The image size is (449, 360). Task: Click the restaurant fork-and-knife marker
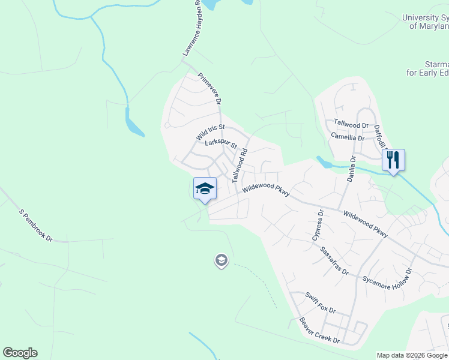[x=393, y=160]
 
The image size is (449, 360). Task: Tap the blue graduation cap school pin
[x=205, y=188]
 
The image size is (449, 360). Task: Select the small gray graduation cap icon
[x=221, y=260]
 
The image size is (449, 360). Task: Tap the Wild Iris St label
[x=209, y=133]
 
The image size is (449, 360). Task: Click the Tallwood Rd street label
[x=240, y=166]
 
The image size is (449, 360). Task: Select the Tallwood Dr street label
[x=351, y=124]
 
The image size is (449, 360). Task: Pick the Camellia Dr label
[x=348, y=137]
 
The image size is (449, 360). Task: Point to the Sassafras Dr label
[x=334, y=260]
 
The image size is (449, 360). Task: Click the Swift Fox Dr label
[x=320, y=303]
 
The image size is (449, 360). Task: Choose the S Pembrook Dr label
[x=36, y=225]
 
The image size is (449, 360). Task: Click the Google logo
[x=20, y=353]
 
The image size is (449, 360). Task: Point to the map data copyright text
[x=412, y=355]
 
